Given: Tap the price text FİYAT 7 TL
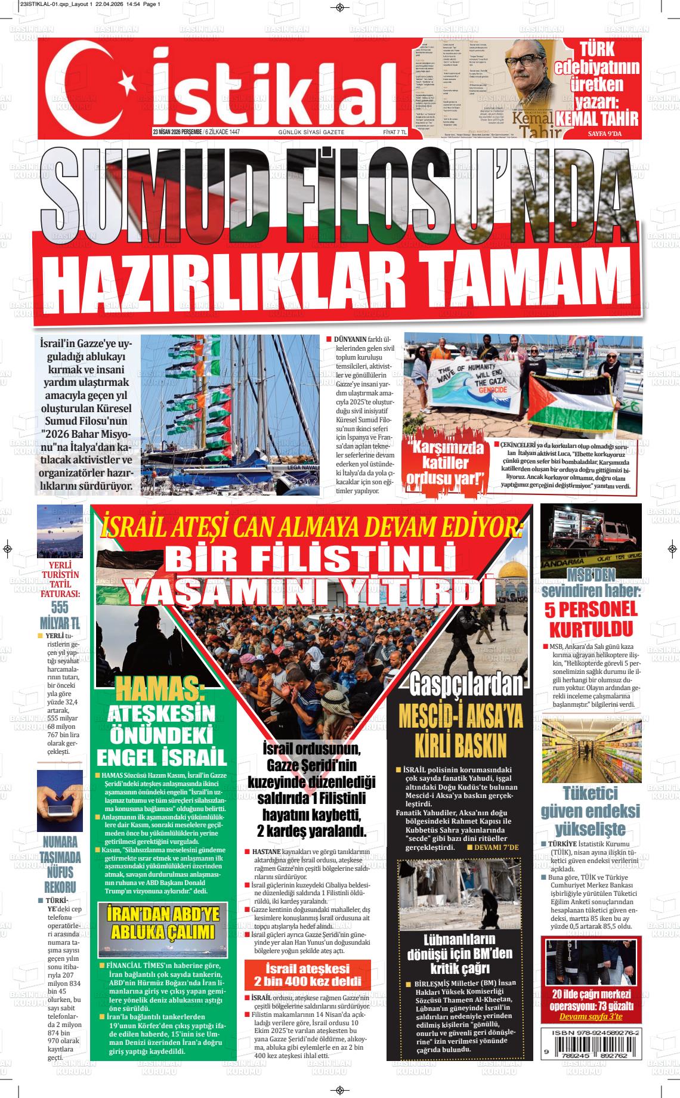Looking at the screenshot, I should (394, 132).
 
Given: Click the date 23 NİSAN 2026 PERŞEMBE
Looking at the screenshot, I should (177, 132).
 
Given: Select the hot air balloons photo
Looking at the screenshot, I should (60, 530).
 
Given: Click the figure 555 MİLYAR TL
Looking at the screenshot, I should (60, 615).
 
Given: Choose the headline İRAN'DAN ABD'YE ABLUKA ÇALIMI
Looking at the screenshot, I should (163, 923).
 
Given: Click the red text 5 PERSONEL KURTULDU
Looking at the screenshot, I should (591, 619).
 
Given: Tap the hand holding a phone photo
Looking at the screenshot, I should (60, 800).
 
